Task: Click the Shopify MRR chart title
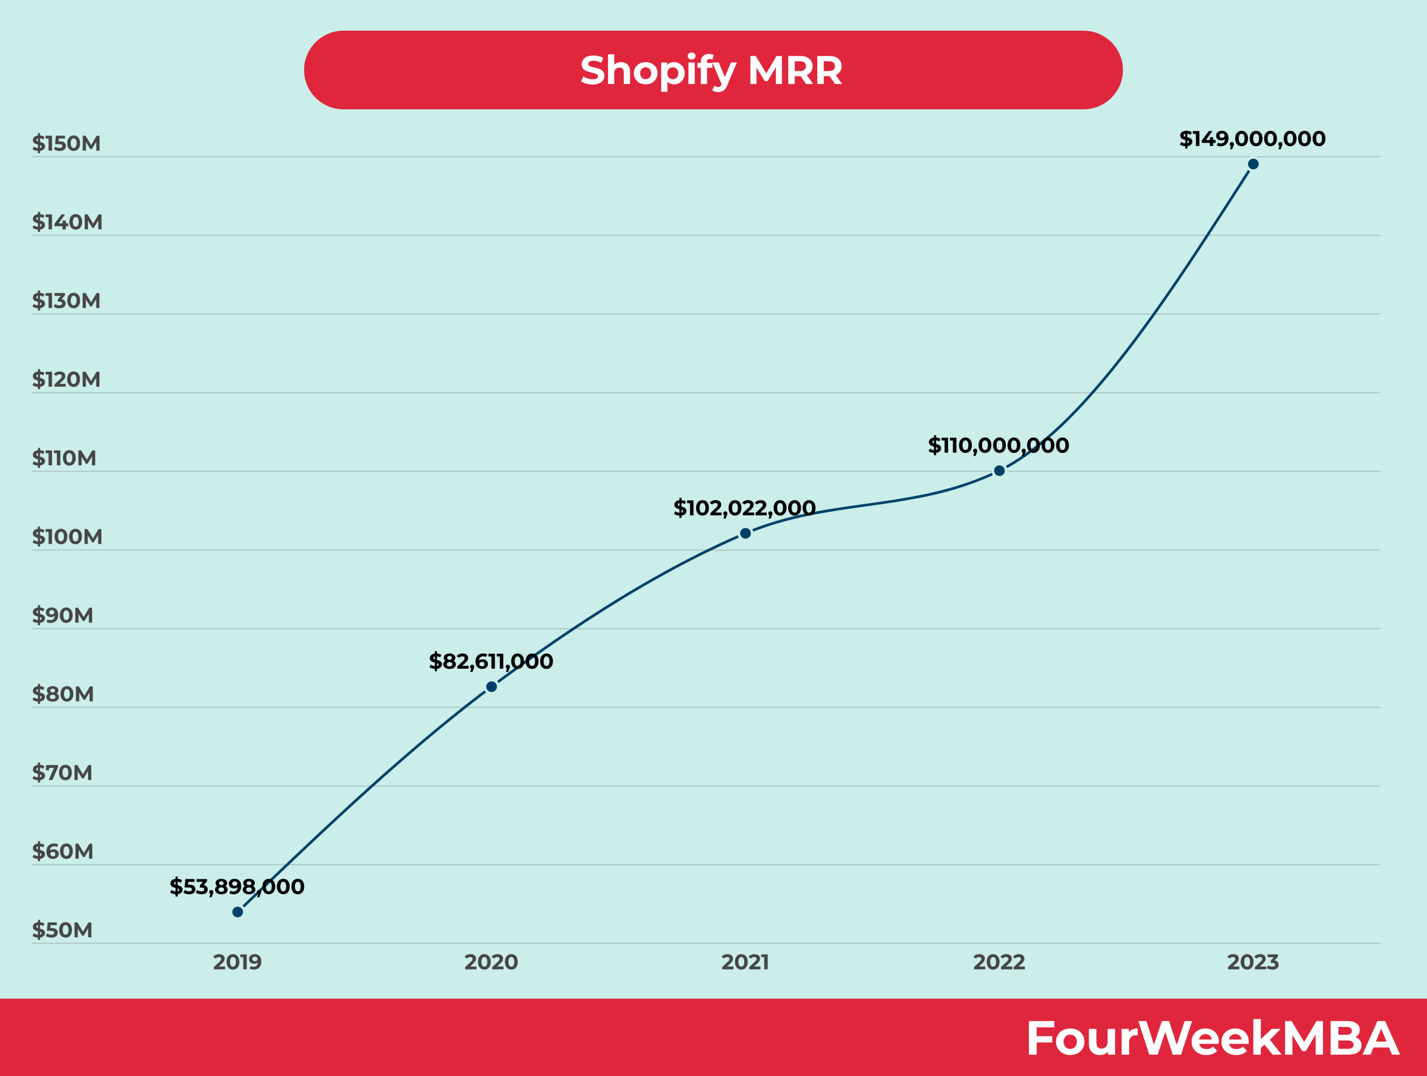[x=712, y=70]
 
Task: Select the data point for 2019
[x=237, y=912]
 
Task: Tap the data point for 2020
[x=491, y=687]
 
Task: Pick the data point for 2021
[x=745, y=533]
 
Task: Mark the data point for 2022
[x=999, y=471]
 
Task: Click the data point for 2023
[x=1253, y=164]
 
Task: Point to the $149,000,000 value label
[x=1252, y=139]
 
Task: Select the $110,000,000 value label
[x=998, y=445]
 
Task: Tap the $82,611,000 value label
[x=491, y=661]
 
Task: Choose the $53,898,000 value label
[x=237, y=887]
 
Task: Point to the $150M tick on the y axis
[x=66, y=143]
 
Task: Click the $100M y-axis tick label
[x=67, y=537]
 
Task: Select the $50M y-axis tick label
[x=62, y=929]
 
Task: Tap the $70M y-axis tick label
[x=62, y=772]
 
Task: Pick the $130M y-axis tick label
[x=66, y=300]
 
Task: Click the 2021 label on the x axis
[x=745, y=962]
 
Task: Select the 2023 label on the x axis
[x=1253, y=962]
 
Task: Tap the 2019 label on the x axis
[x=237, y=962]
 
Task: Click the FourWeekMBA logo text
[x=1211, y=1038]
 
